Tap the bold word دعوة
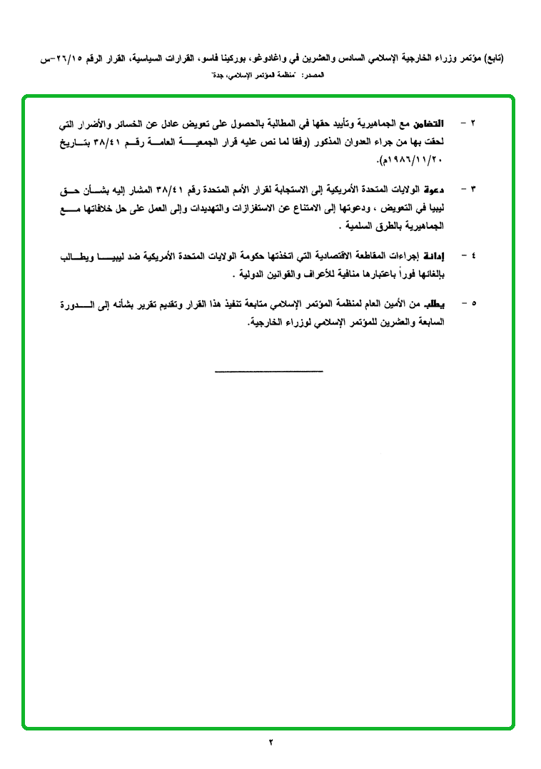click(x=433, y=189)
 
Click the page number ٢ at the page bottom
click(x=271, y=743)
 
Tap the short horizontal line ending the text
click(x=268, y=370)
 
